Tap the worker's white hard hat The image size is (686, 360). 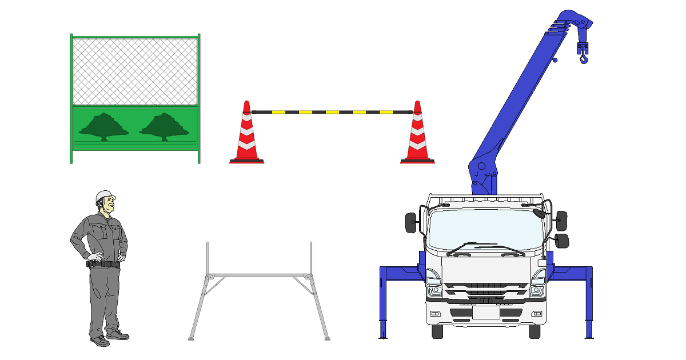[x=105, y=196]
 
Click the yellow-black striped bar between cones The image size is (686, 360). [x=332, y=112]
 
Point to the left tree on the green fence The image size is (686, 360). [x=103, y=126]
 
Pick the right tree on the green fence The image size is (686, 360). [x=164, y=126]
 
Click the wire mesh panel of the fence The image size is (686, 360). [x=135, y=71]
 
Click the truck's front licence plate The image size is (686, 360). [x=486, y=313]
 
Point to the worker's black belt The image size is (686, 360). [x=103, y=264]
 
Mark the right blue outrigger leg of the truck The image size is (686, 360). [x=588, y=303]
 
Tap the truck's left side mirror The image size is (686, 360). [x=411, y=223]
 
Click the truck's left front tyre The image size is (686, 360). [x=437, y=331]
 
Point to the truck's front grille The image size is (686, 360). [x=486, y=292]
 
